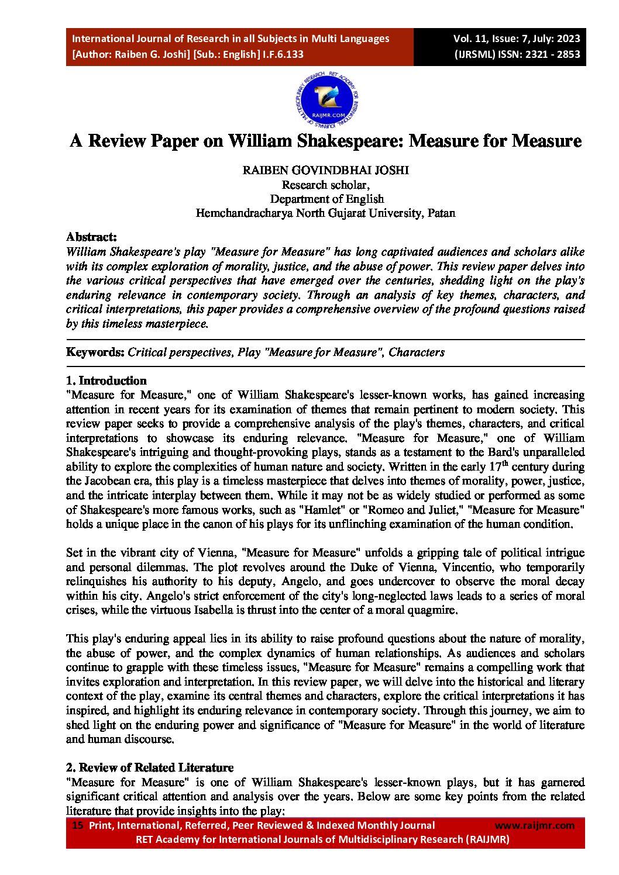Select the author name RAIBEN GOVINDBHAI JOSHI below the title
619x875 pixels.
tap(326, 170)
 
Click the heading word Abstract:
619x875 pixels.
tap(91, 237)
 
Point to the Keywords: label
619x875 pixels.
tap(95, 352)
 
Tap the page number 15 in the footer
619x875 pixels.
tap(77, 825)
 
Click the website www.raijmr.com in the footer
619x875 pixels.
tap(534, 825)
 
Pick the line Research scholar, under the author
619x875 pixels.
tap(325, 185)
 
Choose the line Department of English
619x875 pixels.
tap(326, 199)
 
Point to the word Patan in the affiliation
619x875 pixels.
tap(441, 213)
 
